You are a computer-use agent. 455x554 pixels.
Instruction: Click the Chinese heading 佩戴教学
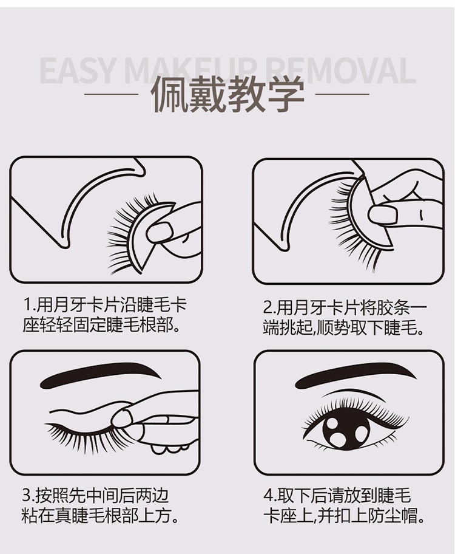tap(227, 94)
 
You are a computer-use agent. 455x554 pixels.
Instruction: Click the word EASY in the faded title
tap(77, 70)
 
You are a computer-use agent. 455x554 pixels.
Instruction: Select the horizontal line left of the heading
tap(111, 94)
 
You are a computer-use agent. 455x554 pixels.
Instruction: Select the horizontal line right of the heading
tap(342, 94)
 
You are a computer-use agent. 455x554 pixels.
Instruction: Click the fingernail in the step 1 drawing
tap(160, 232)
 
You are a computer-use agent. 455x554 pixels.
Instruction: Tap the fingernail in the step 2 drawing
tap(383, 214)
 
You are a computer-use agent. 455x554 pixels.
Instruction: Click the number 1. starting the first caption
tap(29, 305)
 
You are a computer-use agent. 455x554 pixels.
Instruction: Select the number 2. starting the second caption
tap(269, 308)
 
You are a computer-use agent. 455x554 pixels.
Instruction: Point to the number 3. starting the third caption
tap(28, 495)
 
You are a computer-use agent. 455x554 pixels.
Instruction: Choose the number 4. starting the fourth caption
tap(271, 495)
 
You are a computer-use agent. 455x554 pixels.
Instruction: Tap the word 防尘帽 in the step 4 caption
tap(392, 516)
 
